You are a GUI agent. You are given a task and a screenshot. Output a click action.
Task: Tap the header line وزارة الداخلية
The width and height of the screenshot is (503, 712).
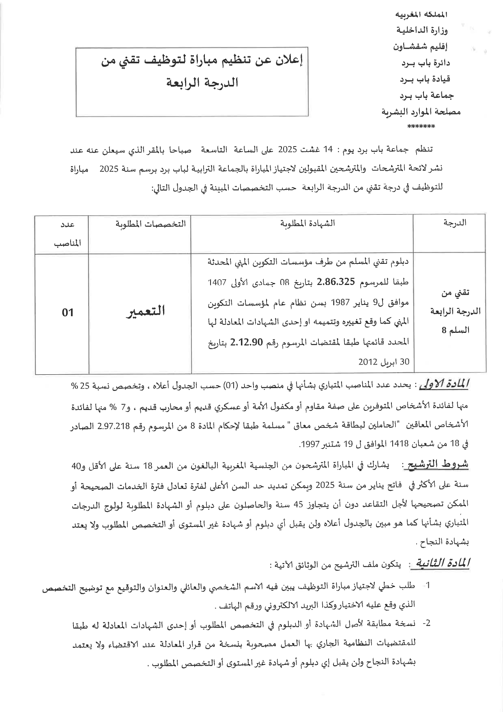(x=422, y=30)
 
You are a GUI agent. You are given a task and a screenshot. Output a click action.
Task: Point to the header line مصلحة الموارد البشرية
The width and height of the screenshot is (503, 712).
(x=421, y=111)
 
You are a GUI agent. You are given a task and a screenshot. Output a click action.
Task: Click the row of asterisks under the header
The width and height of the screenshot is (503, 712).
(x=421, y=126)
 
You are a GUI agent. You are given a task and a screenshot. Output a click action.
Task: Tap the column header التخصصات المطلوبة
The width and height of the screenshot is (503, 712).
(x=150, y=223)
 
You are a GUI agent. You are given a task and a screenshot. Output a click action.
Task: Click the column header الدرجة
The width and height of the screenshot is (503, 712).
(x=455, y=223)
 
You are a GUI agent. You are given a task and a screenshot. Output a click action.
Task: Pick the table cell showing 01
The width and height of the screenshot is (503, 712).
(x=68, y=312)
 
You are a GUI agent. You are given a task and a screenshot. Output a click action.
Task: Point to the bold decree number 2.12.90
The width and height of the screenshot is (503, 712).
(x=247, y=342)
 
